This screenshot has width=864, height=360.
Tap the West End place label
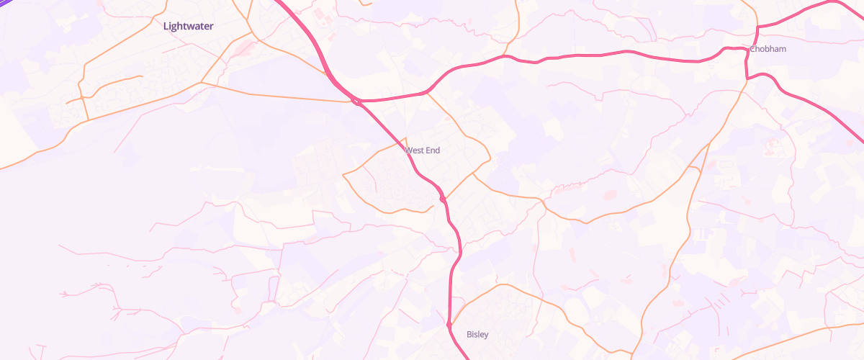click(423, 150)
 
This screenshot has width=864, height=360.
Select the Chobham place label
click(768, 49)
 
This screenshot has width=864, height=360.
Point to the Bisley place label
click(477, 334)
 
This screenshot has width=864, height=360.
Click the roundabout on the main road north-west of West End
click(357, 102)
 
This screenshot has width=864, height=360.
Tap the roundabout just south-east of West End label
click(442, 198)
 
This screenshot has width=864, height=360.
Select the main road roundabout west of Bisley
click(449, 325)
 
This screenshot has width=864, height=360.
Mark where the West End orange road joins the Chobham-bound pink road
click(427, 91)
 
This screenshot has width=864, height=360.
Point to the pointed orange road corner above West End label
click(407, 138)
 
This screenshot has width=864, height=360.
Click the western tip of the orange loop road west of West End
click(343, 174)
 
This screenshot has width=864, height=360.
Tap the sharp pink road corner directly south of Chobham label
click(747, 76)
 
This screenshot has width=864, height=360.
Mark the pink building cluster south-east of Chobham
click(773, 146)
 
